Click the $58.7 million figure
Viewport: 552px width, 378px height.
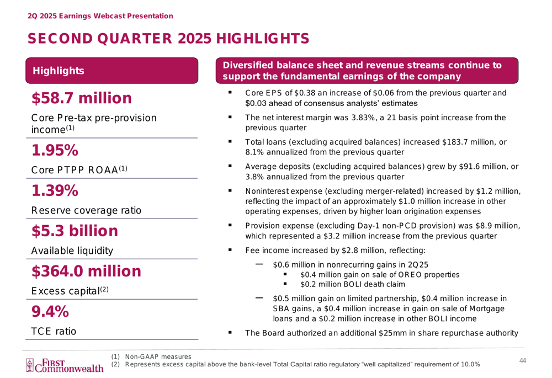82,98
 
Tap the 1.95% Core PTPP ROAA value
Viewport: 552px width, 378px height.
55,150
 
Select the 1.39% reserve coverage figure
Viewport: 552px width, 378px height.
55,191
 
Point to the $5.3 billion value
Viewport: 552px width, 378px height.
75,231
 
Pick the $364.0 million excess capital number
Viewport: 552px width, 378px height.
86,271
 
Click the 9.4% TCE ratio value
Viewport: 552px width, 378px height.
50,311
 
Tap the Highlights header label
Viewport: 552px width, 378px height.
59,71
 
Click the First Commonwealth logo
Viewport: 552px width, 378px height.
65,365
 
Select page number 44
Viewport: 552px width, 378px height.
522,361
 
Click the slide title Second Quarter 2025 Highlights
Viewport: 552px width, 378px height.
168,39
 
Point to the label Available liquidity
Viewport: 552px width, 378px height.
72,251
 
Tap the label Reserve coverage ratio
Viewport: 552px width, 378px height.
86,210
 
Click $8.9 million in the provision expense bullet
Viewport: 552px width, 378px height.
497,226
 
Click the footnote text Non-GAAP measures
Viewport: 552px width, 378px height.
158,357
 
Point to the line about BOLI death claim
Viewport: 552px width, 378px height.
353,284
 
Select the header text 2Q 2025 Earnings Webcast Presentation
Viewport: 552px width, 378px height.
100,16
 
